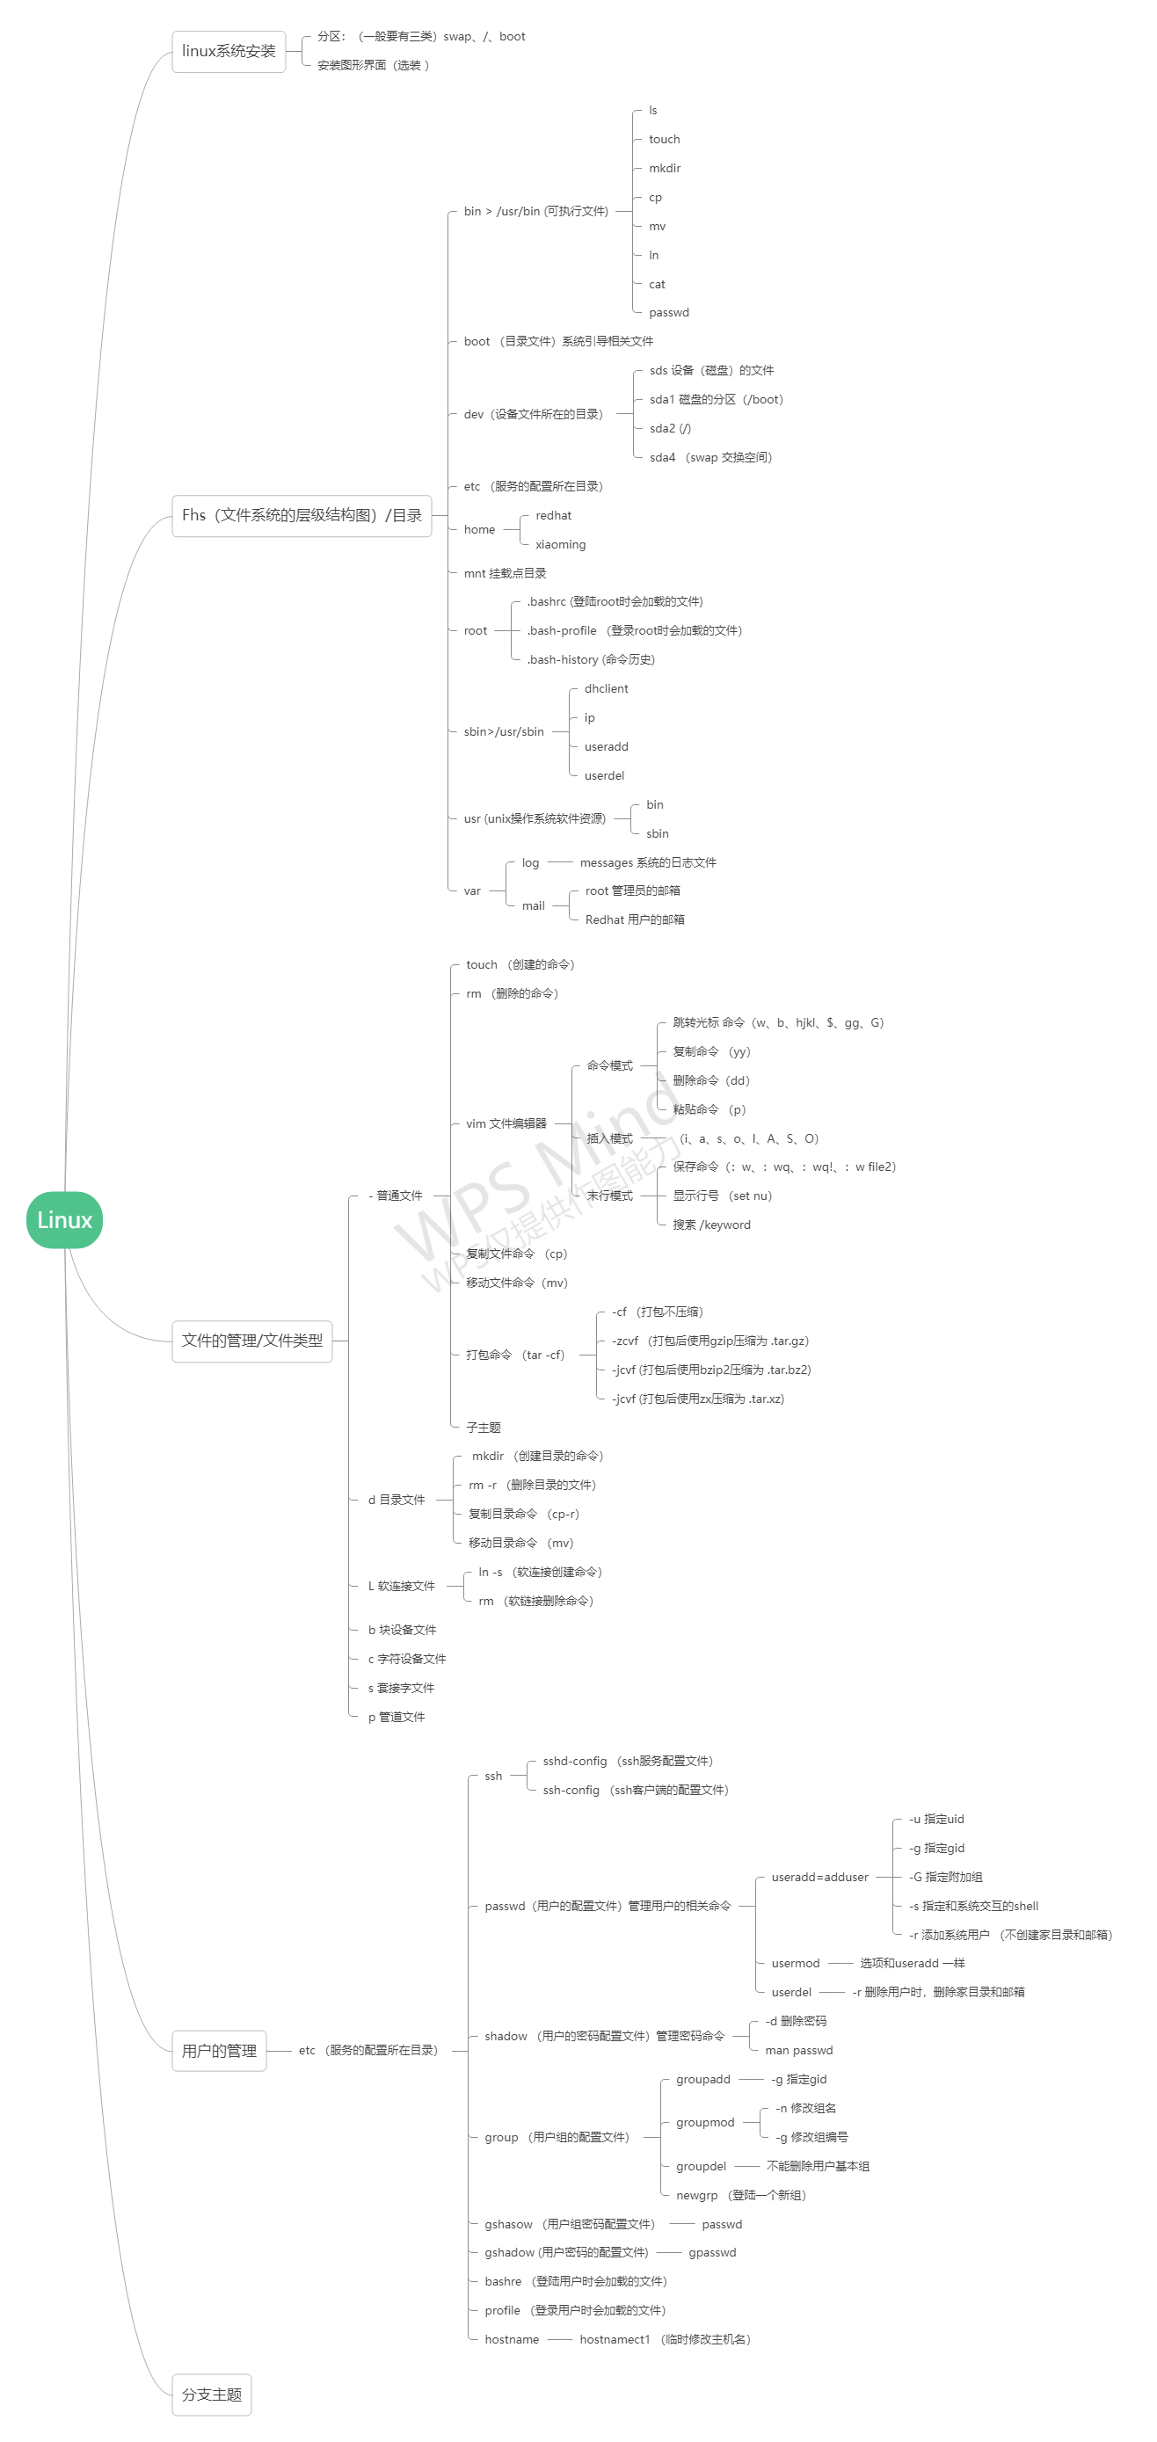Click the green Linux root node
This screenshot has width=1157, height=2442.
point(64,1219)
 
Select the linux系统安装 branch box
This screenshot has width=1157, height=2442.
point(229,51)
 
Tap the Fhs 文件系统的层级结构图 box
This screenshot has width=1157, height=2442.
point(302,516)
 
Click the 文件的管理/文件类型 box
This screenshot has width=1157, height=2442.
point(252,1341)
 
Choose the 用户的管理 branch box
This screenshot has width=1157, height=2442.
point(219,2051)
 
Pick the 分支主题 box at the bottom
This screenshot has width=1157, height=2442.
point(212,2395)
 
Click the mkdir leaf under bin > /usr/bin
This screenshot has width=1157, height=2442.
point(665,169)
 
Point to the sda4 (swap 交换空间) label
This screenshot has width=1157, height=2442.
point(710,458)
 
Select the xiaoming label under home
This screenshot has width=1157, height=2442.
point(561,545)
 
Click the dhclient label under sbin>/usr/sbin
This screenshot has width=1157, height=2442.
point(606,689)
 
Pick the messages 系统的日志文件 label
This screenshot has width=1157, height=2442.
point(648,862)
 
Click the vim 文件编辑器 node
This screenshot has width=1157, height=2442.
point(506,1123)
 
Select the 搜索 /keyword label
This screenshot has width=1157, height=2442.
point(711,1225)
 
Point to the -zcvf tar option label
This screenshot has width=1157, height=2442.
point(709,1341)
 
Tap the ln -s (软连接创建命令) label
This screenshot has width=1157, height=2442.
point(540,1572)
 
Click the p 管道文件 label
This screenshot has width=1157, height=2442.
point(397,1717)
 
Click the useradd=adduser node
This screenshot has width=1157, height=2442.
point(819,1877)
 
